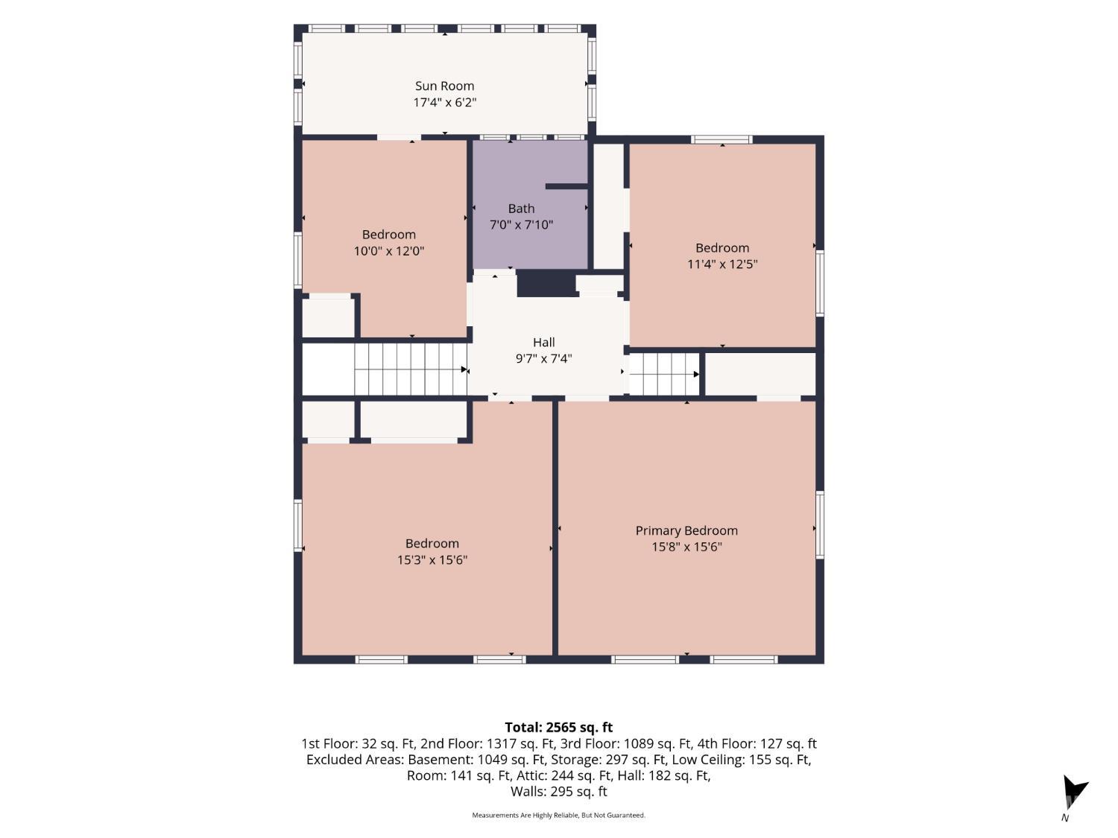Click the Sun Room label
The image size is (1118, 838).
444,86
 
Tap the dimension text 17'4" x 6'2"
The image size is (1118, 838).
444,102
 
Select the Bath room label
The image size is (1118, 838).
521,209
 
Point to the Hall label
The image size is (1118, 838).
543,343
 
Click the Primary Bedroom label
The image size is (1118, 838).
686,530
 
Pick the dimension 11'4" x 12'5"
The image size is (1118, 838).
722,264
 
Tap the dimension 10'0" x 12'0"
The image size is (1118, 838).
388,251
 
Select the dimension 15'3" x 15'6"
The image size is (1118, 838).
432,559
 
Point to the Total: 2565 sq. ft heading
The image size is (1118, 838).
559,727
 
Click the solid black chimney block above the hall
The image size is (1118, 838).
547,283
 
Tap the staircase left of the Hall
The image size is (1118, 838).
411,369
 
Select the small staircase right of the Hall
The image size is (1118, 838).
664,374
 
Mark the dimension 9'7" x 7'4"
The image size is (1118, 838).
543,359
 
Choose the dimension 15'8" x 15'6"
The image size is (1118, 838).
686,547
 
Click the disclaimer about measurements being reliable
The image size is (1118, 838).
558,815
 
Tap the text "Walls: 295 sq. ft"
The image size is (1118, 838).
559,791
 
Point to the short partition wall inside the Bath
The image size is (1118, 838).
566,186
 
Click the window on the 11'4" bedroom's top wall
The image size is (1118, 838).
721,139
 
